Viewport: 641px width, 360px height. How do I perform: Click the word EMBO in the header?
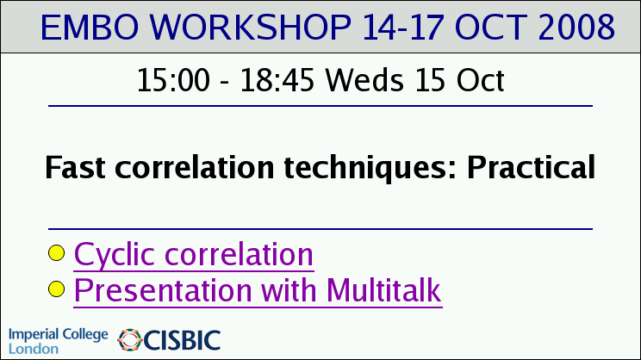(x=90, y=27)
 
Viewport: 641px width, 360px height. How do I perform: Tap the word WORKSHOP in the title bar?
(x=251, y=27)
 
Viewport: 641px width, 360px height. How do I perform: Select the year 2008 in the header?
(x=576, y=27)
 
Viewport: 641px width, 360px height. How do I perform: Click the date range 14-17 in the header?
(x=402, y=27)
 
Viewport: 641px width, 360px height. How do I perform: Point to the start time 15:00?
(x=173, y=80)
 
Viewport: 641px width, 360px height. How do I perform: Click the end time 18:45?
(x=277, y=80)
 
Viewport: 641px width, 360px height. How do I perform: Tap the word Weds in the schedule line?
(x=364, y=80)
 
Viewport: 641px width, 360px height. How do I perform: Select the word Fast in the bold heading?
(x=75, y=167)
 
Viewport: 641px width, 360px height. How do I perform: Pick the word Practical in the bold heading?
(x=531, y=167)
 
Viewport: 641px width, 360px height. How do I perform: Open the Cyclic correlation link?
(x=194, y=255)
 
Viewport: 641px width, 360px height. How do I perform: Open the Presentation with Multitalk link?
(x=258, y=291)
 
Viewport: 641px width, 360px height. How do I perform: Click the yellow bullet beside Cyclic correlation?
(x=56, y=253)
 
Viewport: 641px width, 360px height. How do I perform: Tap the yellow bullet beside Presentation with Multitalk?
(x=56, y=289)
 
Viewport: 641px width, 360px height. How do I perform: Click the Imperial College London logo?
(x=58, y=340)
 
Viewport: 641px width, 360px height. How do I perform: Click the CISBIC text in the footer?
(x=182, y=340)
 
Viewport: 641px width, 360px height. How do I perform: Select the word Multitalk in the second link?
(x=384, y=290)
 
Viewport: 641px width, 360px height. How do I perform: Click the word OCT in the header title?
(x=490, y=27)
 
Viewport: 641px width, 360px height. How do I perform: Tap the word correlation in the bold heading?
(x=195, y=167)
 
